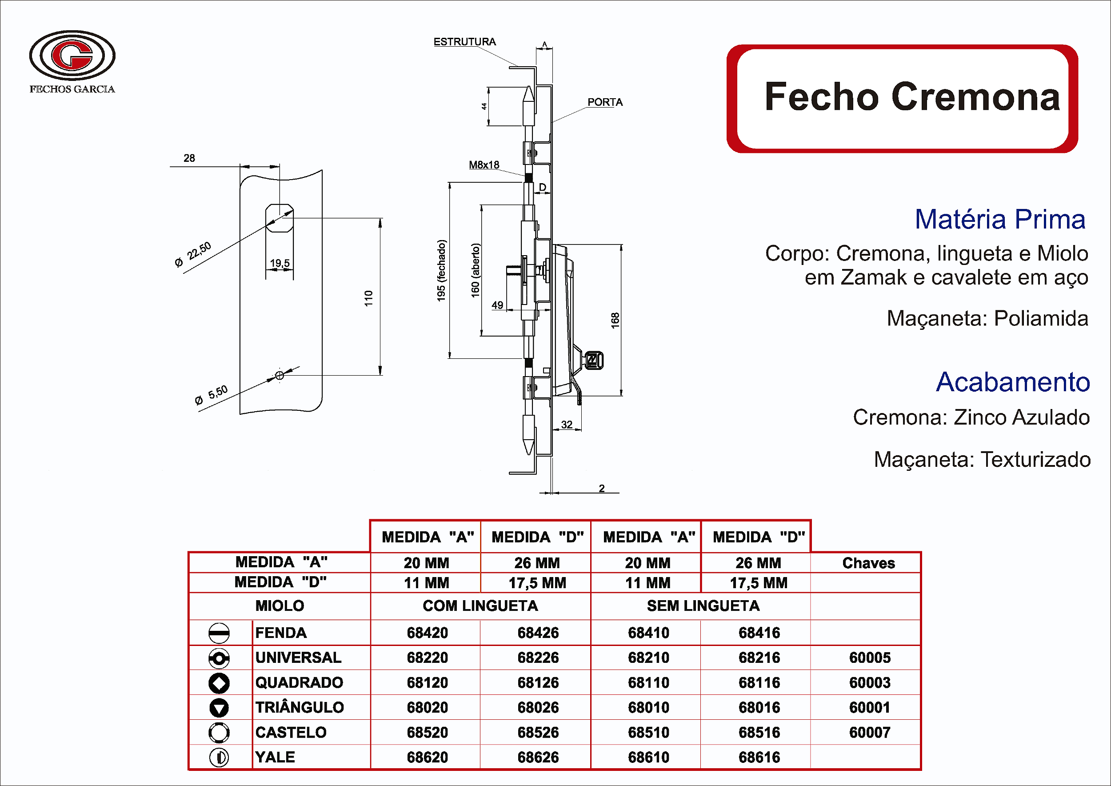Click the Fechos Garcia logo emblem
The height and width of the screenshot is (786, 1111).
(x=72, y=55)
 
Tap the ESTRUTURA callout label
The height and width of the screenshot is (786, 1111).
(x=464, y=42)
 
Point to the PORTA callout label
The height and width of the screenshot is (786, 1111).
(x=605, y=102)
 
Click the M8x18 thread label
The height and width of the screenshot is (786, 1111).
(x=484, y=165)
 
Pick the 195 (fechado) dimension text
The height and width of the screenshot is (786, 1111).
(x=441, y=271)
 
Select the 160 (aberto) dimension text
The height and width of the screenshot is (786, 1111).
(x=476, y=270)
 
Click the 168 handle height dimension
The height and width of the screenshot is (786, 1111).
(x=615, y=320)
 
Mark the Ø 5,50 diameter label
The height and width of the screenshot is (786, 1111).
(x=211, y=395)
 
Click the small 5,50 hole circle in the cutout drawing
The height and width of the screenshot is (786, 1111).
(x=279, y=375)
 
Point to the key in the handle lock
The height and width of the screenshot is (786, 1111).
(x=594, y=361)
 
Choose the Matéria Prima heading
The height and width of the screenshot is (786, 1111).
(x=1000, y=219)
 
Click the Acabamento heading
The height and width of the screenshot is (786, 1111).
(x=1012, y=382)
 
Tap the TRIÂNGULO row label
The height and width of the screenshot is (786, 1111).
(x=300, y=708)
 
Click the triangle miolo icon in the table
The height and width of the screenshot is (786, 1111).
(x=219, y=708)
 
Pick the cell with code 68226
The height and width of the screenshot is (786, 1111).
(x=538, y=658)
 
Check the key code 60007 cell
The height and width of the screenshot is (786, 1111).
(x=869, y=732)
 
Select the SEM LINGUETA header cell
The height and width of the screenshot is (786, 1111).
(x=703, y=606)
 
